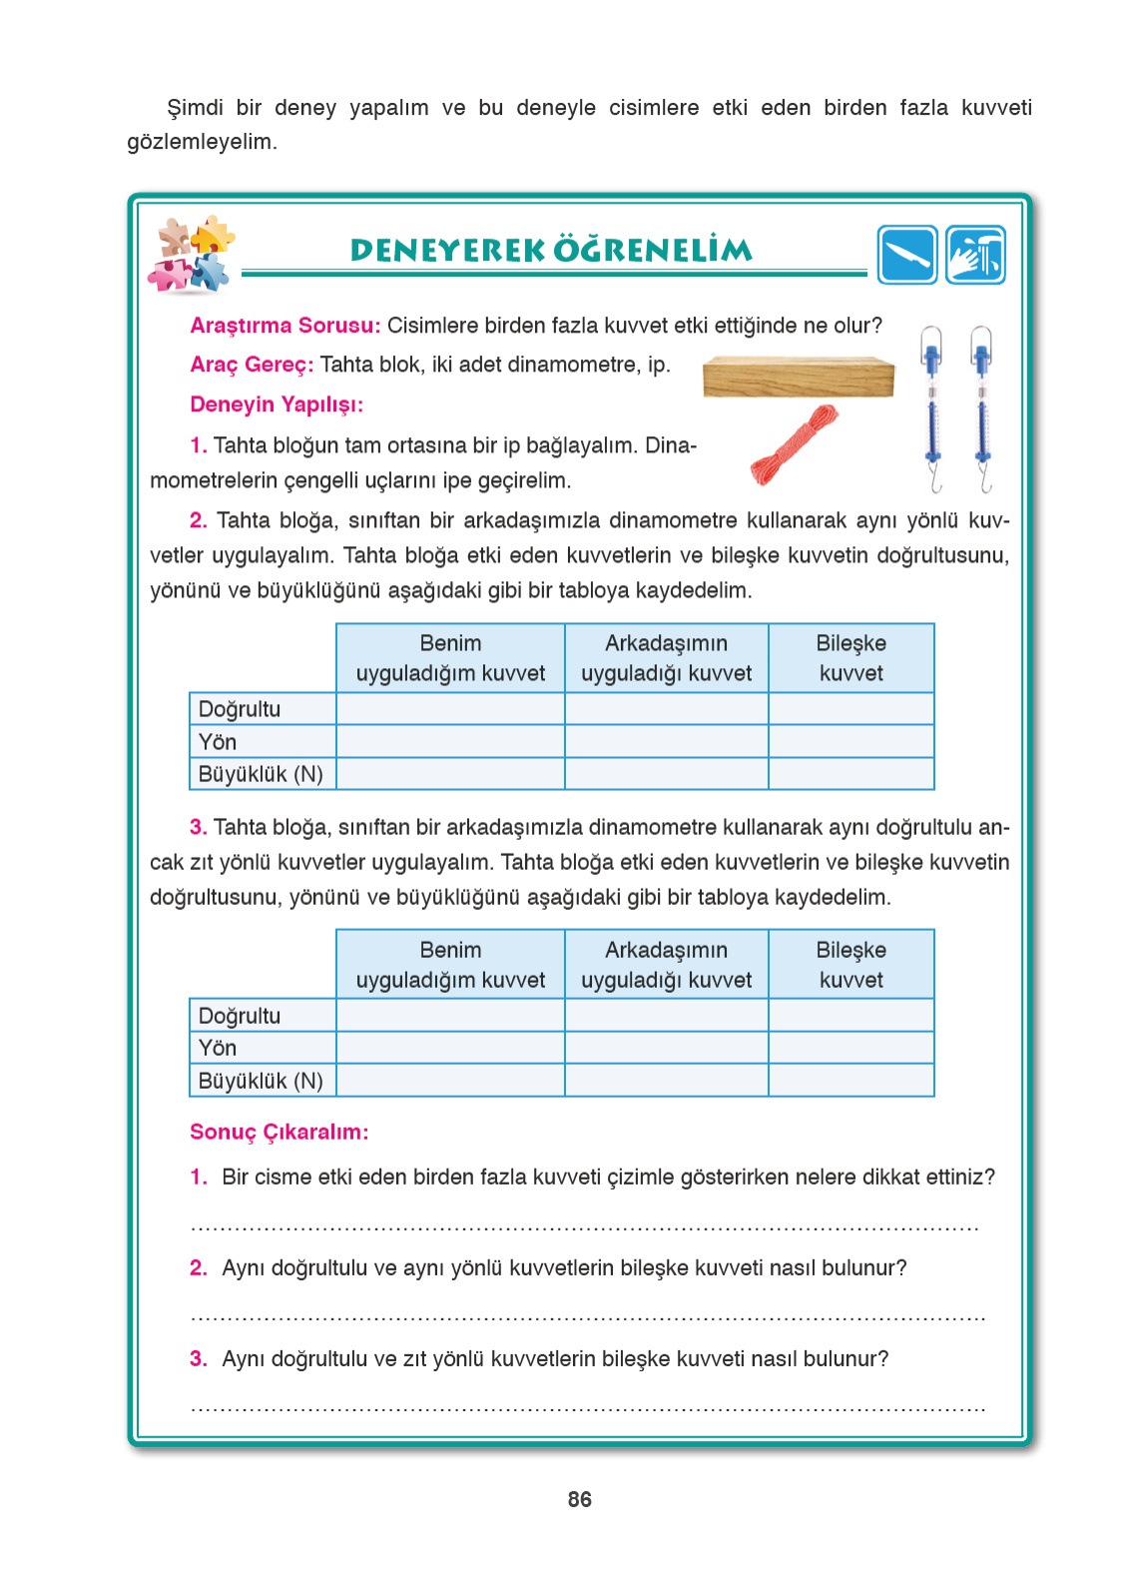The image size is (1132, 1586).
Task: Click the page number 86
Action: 579,1499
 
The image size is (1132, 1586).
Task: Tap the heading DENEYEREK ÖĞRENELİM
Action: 551,250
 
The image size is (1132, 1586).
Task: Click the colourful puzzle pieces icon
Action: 193,255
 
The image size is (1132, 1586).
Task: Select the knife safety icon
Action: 906,255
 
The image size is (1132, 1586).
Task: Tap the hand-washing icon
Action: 975,255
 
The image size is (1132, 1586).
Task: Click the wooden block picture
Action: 798,377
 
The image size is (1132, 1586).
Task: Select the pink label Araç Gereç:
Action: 252,365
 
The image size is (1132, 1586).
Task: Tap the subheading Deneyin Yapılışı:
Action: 277,404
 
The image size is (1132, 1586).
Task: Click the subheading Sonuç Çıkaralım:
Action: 279,1132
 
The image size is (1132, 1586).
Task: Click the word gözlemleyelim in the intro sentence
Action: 201,142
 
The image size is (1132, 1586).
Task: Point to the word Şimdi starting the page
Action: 195,108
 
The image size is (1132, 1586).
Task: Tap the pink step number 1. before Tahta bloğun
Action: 198,445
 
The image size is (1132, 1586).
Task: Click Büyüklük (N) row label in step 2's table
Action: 262,774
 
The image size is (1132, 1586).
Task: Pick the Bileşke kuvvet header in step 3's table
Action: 850,964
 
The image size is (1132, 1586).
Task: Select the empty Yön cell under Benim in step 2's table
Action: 450,741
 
